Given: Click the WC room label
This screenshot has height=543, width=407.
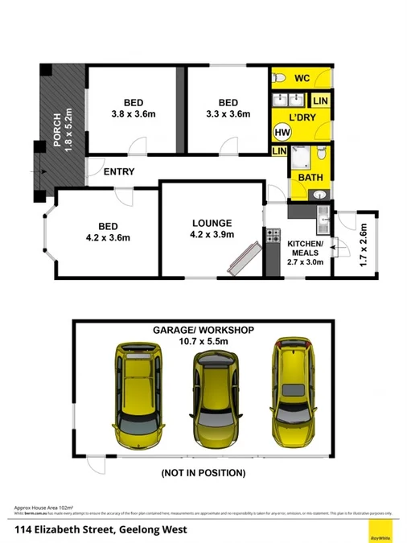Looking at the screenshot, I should (x=302, y=78).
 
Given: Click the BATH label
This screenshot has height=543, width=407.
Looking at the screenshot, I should (x=310, y=178).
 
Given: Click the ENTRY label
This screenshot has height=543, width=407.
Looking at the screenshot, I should (x=119, y=171).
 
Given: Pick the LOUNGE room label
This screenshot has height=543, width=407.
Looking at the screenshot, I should (x=212, y=223).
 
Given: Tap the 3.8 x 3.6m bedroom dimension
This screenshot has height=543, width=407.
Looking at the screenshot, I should (x=134, y=114).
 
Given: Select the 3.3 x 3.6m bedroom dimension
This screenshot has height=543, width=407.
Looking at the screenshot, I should (x=228, y=114).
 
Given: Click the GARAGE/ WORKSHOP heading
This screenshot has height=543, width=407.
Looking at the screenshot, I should (x=203, y=331).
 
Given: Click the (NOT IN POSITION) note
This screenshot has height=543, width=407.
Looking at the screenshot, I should (x=203, y=473).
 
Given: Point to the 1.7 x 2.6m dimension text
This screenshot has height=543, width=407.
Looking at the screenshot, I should (x=363, y=245).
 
